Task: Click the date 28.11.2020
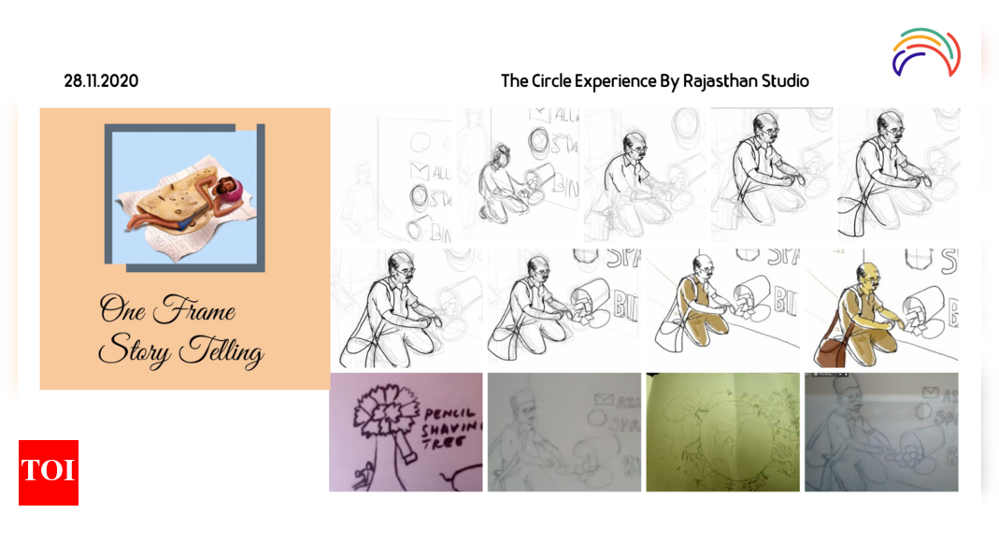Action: [101, 81]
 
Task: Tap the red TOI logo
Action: [49, 472]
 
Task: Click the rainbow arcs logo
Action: [925, 52]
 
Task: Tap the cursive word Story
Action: [134, 351]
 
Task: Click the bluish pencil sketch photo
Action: [881, 432]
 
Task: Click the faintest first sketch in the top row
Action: [392, 175]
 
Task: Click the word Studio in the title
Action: [783, 81]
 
